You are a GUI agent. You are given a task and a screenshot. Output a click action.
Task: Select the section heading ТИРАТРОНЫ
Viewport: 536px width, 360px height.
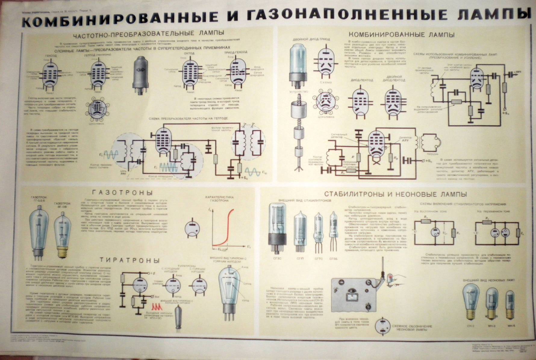[x=130, y=260]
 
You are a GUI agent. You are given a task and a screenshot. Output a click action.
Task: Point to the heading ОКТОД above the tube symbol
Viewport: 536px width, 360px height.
[x=189, y=53]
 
